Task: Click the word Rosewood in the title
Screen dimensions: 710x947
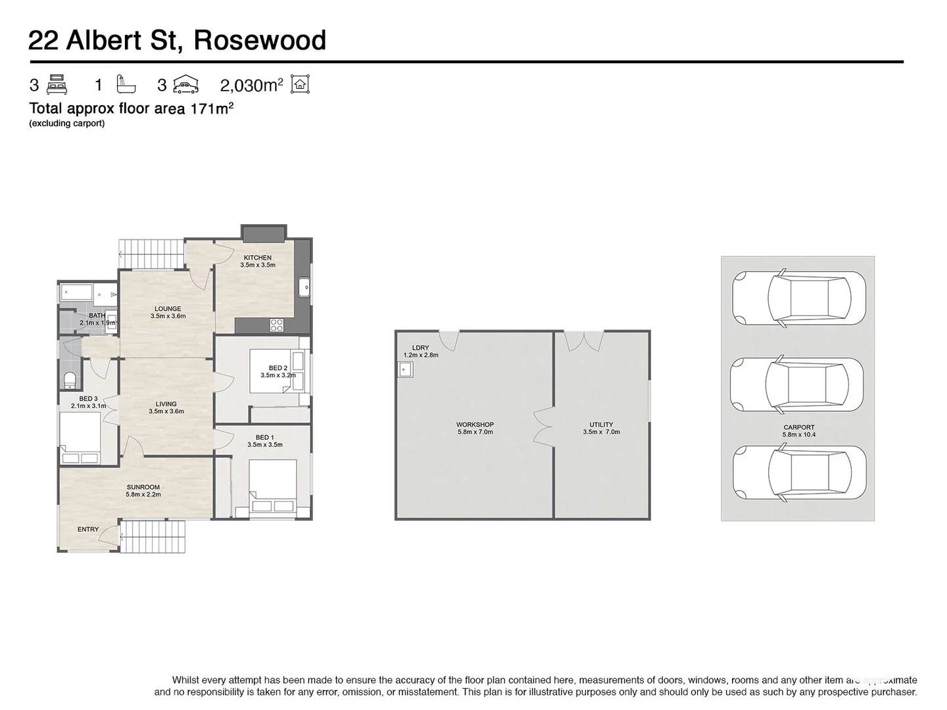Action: coord(260,41)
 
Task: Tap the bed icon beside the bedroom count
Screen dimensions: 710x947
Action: coord(57,85)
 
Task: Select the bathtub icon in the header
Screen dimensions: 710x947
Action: coord(126,84)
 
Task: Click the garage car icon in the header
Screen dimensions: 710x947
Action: coord(185,85)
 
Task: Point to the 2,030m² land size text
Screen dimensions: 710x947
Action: coord(251,85)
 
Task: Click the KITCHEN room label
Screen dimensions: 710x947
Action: coord(257,258)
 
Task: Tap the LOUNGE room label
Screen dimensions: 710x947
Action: coord(168,309)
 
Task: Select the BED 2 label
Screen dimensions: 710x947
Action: coord(278,368)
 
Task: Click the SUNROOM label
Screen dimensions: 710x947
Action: coord(143,487)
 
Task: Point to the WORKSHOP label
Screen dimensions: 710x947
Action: coord(475,425)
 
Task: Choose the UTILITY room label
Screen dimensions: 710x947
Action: coord(601,425)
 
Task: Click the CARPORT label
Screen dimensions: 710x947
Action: coord(798,427)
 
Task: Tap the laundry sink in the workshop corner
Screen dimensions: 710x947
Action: coord(404,371)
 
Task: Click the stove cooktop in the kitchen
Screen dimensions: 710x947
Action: coord(277,325)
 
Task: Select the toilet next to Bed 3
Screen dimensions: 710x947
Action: coord(70,380)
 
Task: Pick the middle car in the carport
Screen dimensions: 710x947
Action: coord(797,385)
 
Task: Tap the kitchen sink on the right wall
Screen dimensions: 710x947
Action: coord(304,288)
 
